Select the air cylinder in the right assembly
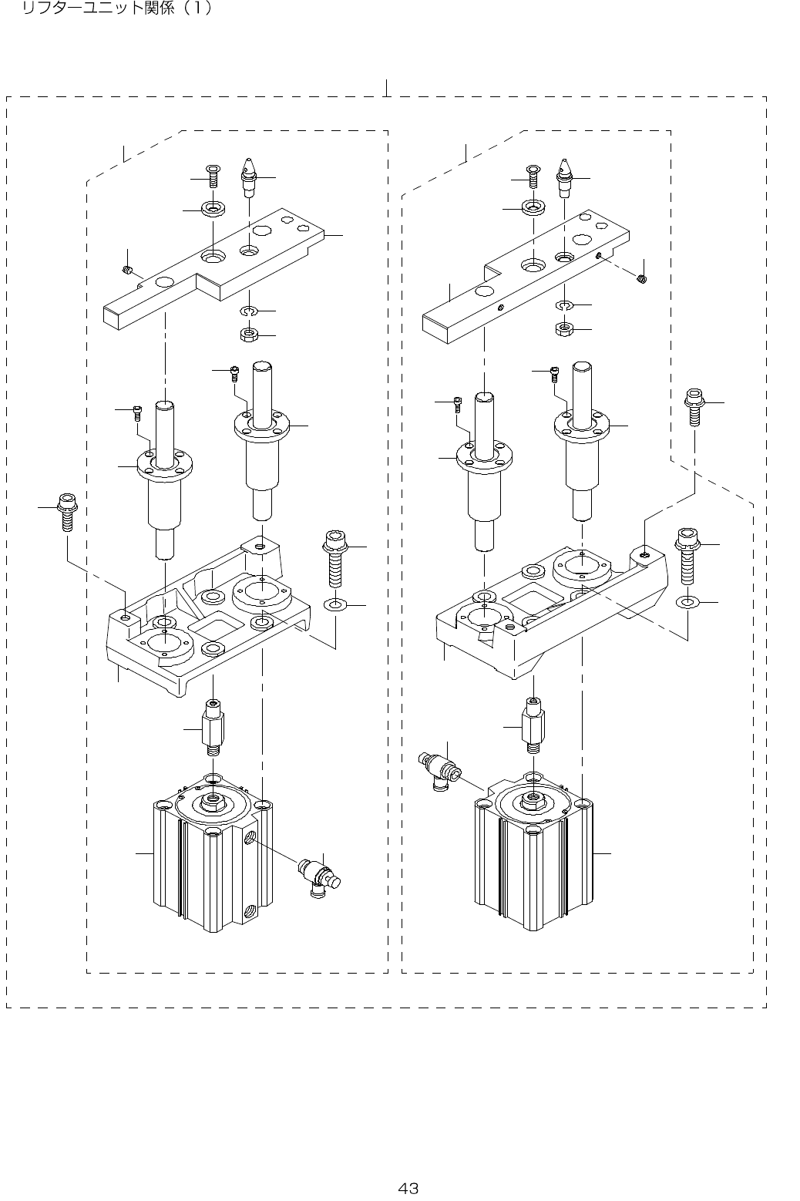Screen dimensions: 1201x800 coord(533,856)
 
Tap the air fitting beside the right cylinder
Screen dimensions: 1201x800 coord(439,769)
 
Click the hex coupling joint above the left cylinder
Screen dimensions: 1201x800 coord(213,726)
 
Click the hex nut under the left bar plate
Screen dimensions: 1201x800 coord(248,335)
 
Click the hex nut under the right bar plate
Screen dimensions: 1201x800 coord(564,330)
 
